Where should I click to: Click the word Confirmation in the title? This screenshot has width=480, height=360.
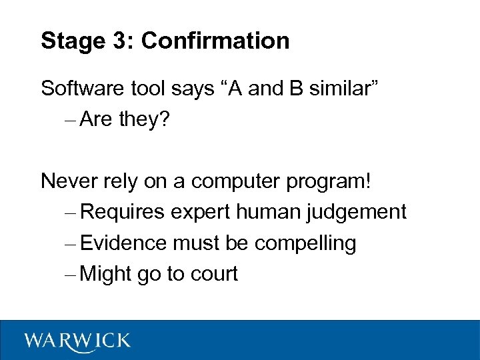point(215,41)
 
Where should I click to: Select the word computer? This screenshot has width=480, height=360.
point(239,181)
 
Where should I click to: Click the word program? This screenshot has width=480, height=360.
point(330,181)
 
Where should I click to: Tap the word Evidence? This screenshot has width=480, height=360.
point(123,243)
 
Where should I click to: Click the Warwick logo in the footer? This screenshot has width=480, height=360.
point(77,341)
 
